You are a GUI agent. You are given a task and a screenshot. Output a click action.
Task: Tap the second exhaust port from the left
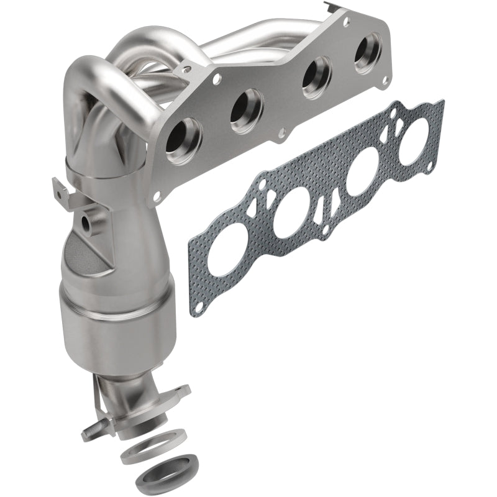[x=247, y=111]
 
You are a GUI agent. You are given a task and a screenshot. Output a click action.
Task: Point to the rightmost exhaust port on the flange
[x=368, y=58]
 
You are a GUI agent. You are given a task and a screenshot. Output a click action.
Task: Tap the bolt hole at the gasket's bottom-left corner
[x=198, y=306]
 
